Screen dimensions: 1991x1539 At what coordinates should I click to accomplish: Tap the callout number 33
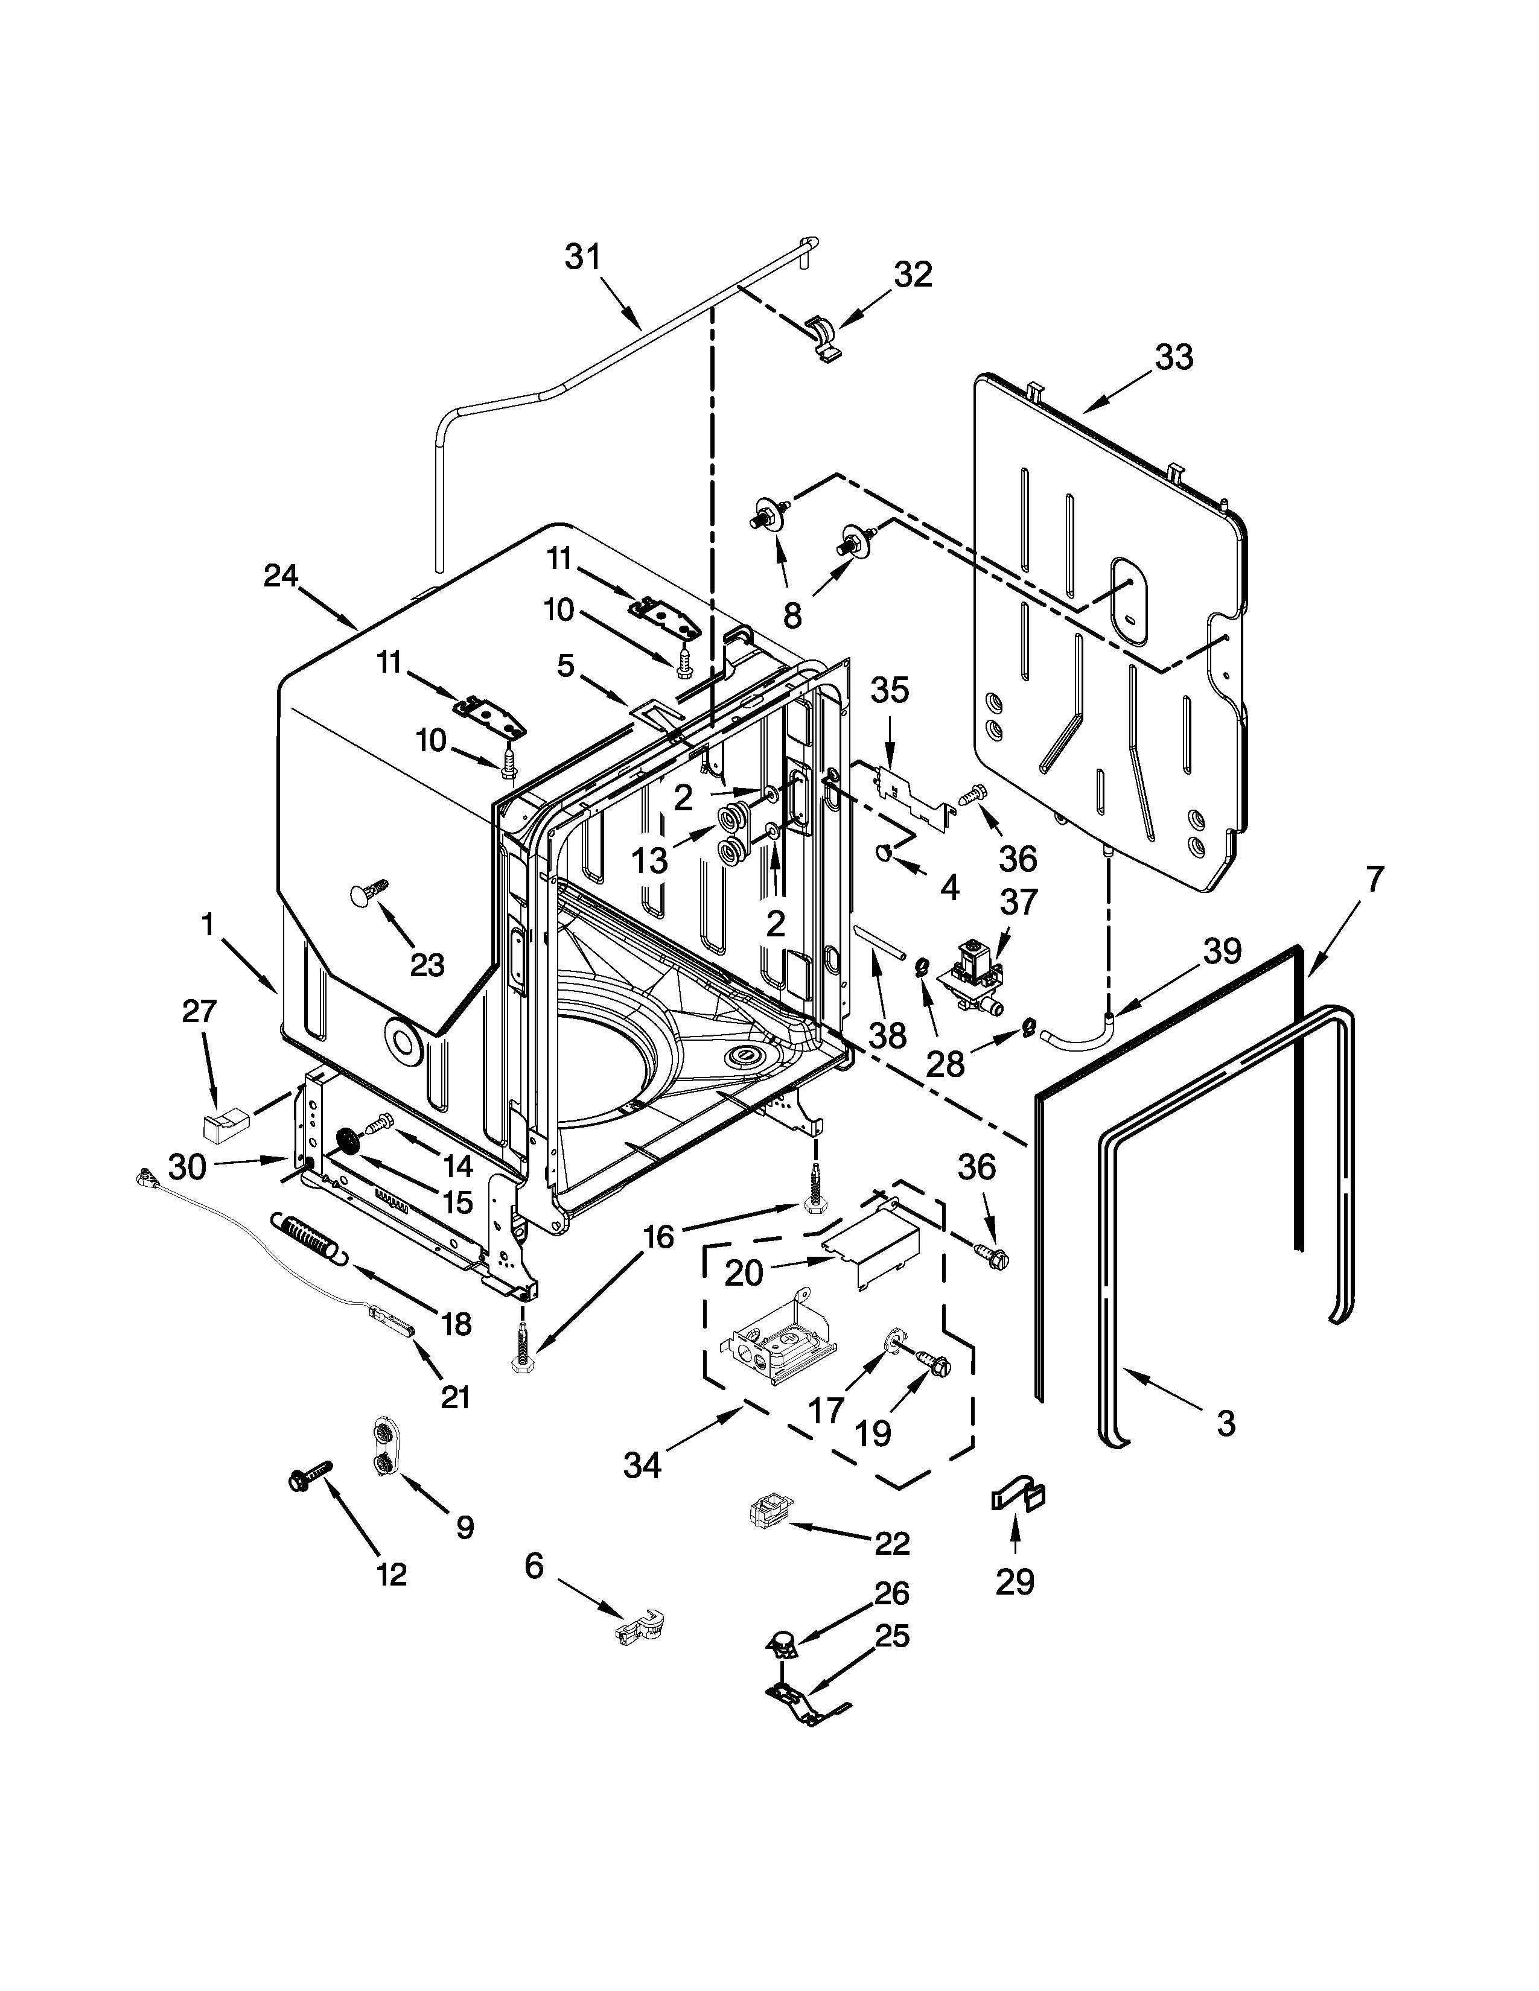click(x=1173, y=357)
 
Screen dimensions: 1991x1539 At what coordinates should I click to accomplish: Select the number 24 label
click(x=281, y=576)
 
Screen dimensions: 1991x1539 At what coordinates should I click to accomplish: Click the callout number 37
click(x=1018, y=901)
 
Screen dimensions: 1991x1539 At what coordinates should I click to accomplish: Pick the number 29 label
click(x=1015, y=1582)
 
